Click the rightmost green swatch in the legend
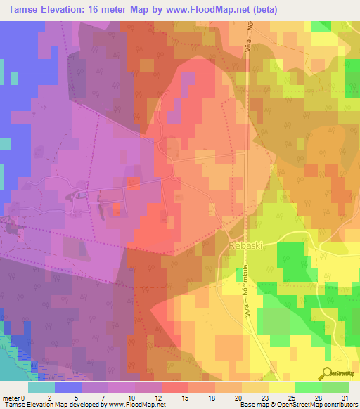click(x=335, y=387)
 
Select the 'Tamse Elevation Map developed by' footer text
click(x=49, y=405)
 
